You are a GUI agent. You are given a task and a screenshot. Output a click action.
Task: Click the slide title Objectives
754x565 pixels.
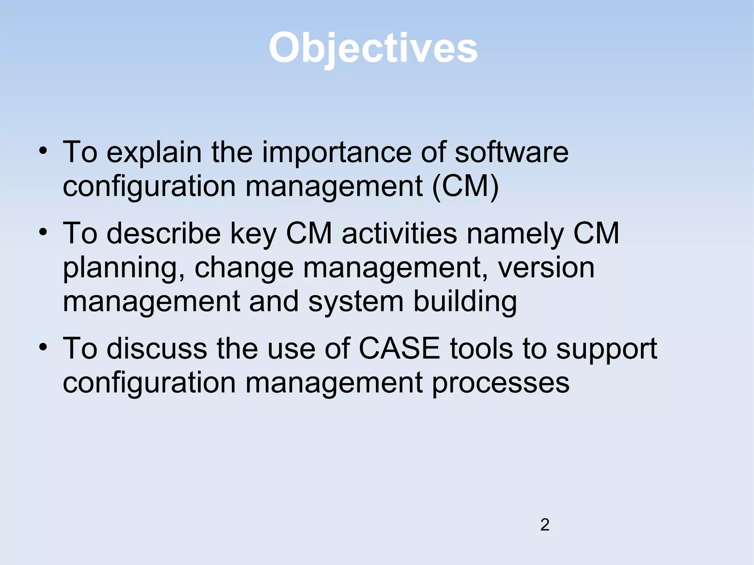coord(373,48)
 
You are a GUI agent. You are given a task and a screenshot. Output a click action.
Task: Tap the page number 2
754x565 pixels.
coord(545,525)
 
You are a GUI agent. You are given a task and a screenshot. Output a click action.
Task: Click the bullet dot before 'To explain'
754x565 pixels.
coord(43,151)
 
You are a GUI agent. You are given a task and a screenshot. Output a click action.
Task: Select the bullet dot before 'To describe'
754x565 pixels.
coord(43,232)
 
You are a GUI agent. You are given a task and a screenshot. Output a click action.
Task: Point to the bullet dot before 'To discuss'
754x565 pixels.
coord(43,347)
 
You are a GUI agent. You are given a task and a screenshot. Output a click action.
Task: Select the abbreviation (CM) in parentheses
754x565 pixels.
coord(465,186)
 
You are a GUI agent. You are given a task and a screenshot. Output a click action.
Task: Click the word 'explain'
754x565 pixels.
coord(154,153)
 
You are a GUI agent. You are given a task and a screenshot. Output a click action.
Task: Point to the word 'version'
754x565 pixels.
coord(546,268)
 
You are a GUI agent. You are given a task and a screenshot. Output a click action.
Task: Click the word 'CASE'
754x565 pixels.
coord(399,349)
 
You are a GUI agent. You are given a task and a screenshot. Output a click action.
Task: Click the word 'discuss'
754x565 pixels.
coord(157,349)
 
